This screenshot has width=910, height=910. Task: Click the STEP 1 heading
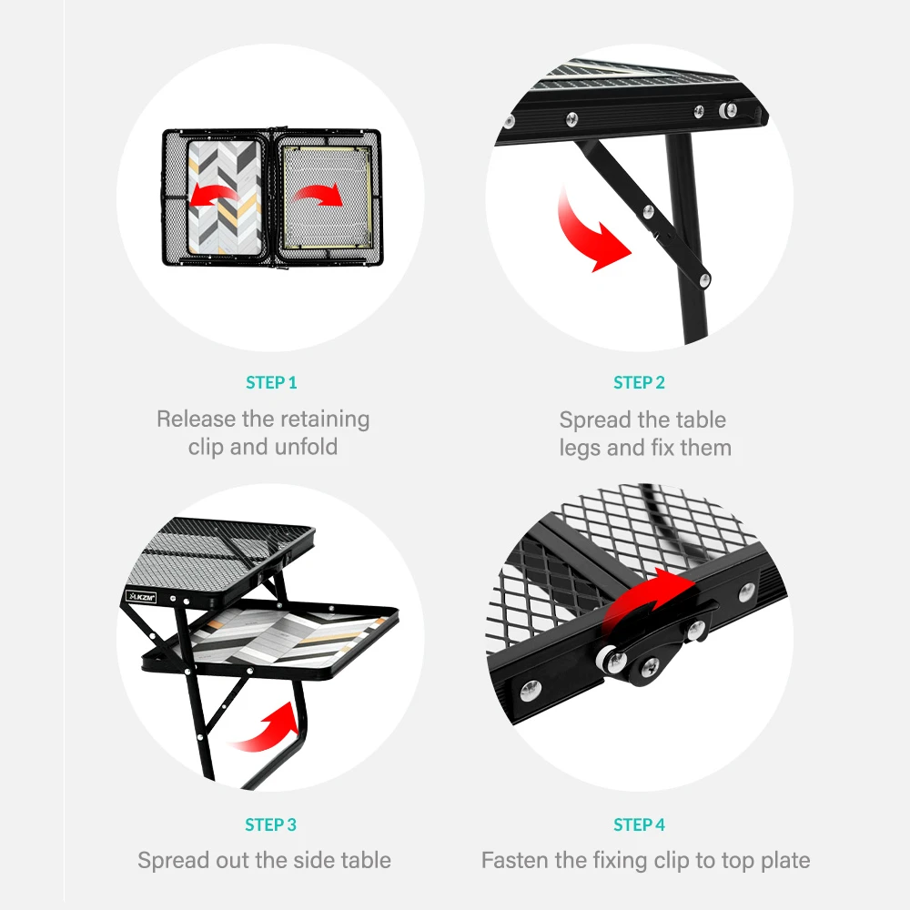(x=271, y=383)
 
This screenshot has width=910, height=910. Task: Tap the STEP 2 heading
(x=639, y=383)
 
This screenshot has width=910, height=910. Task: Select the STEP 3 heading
(x=271, y=825)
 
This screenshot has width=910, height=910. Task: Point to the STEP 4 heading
(x=639, y=825)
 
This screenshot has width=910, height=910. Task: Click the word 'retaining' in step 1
(x=324, y=420)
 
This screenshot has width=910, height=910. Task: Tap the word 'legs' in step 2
(x=580, y=448)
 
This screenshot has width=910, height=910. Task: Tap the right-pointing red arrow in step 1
(x=318, y=192)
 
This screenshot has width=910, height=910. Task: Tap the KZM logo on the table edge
(x=141, y=596)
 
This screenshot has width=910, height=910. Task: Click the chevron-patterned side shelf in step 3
(x=273, y=637)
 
